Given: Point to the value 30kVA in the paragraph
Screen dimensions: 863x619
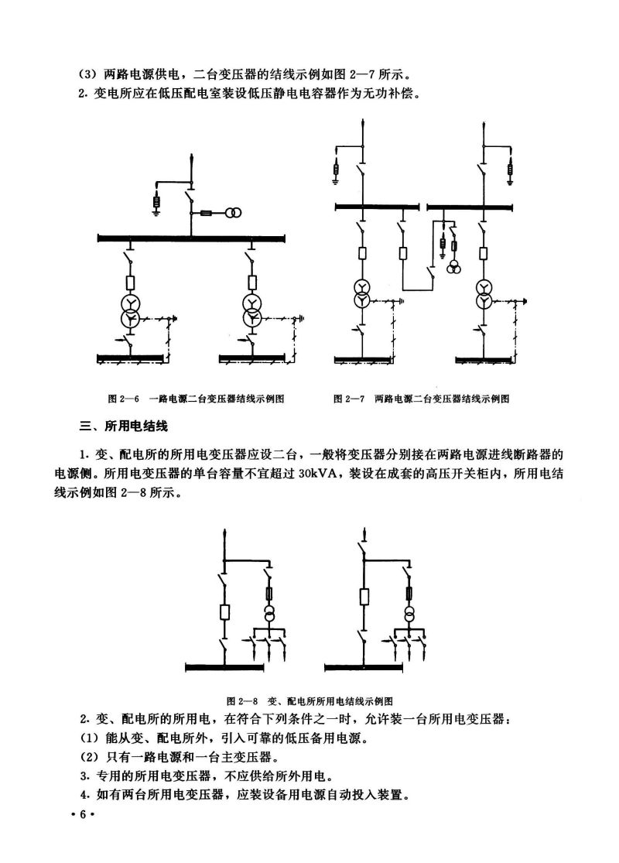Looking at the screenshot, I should pyautogui.click(x=320, y=474).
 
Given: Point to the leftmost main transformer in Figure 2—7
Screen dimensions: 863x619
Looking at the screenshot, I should pyautogui.click(x=361, y=293).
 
